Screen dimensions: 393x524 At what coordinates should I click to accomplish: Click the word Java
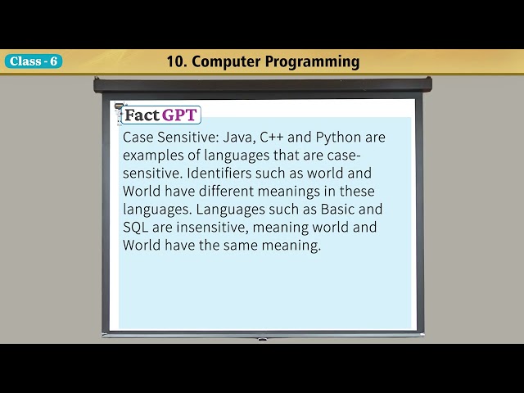coord(238,137)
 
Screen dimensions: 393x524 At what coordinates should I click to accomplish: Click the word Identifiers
coord(223,173)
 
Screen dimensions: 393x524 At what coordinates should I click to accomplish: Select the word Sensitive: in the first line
coord(189,137)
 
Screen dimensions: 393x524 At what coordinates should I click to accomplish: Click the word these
coord(356,191)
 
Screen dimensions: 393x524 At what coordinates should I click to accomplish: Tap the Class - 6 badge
coord(33,61)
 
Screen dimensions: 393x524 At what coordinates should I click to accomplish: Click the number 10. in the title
coord(176,61)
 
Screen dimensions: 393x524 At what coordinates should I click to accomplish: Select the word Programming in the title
coord(315,61)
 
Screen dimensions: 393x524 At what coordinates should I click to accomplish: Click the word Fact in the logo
coord(142,115)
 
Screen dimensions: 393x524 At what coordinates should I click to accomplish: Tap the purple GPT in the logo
coord(179,115)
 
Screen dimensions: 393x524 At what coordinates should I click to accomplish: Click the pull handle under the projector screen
coord(262,338)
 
